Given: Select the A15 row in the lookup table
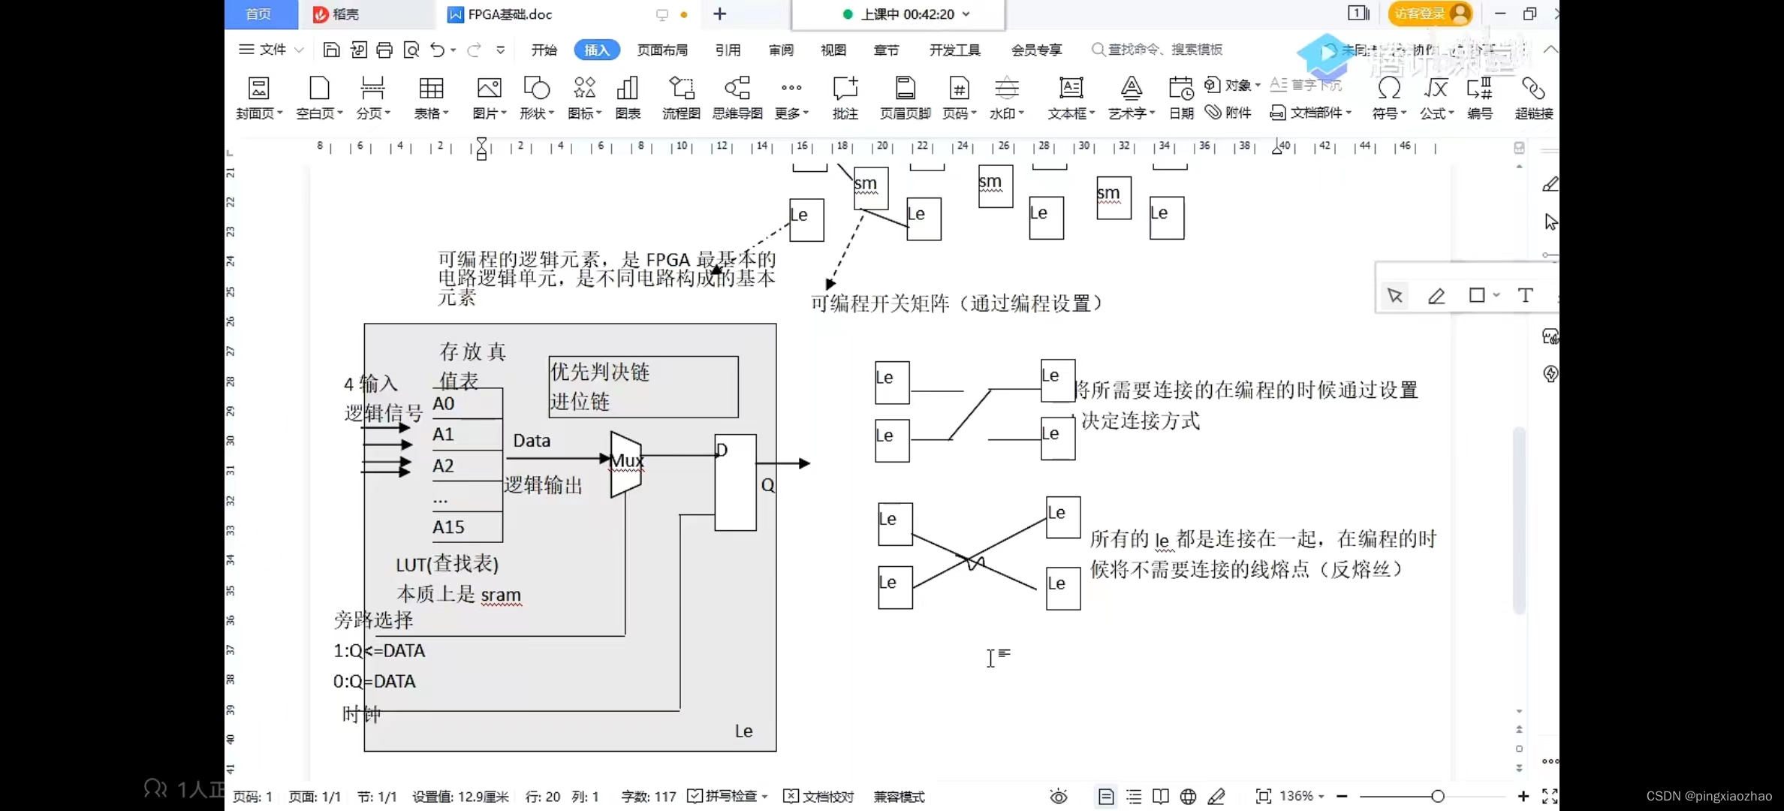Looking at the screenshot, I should (466, 527).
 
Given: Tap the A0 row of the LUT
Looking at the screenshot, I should (466, 403).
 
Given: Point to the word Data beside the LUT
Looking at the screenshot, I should (532, 441).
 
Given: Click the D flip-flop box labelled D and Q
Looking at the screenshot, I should (735, 483).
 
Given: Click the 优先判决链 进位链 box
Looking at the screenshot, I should (643, 387).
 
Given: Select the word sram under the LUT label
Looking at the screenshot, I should (501, 595).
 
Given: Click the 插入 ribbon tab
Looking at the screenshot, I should (597, 50).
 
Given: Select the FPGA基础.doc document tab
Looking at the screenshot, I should (510, 14).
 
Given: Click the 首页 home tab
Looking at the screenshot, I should (258, 14).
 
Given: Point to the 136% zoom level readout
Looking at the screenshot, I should (1297, 796).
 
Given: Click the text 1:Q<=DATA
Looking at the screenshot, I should (379, 651).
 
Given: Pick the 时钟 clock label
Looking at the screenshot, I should (361, 714).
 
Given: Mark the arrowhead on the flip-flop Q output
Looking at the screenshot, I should (804, 463).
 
